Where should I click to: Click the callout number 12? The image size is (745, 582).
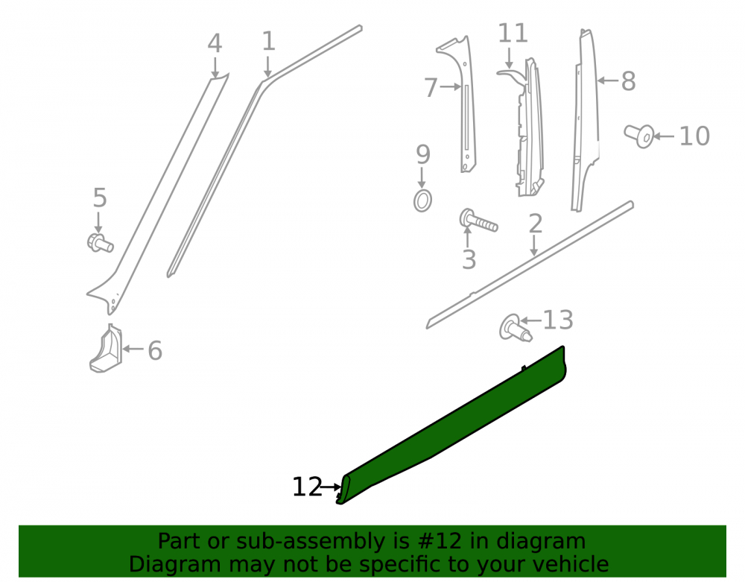coord(307,487)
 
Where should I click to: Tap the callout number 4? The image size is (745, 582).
coord(215,43)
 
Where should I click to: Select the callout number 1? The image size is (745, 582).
coord(268,41)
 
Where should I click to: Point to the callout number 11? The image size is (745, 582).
coord(513,34)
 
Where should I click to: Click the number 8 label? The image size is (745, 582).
coord(628,81)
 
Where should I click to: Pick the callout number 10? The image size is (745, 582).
coord(694,136)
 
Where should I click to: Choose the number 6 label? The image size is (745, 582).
coord(155,351)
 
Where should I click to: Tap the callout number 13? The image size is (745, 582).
coord(558,320)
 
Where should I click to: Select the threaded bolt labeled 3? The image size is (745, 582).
coord(478,221)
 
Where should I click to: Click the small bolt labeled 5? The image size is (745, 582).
coord(100,243)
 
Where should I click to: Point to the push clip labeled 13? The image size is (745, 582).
coord(515,329)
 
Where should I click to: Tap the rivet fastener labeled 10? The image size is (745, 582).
coord(639,136)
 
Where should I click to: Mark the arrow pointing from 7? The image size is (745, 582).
coord(451,86)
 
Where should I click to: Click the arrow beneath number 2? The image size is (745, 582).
coord(534,246)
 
